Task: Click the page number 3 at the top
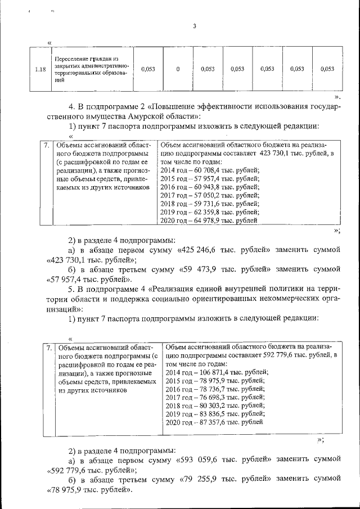click(x=194, y=26)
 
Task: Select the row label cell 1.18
click(x=39, y=69)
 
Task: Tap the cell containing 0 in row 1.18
click(x=178, y=69)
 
